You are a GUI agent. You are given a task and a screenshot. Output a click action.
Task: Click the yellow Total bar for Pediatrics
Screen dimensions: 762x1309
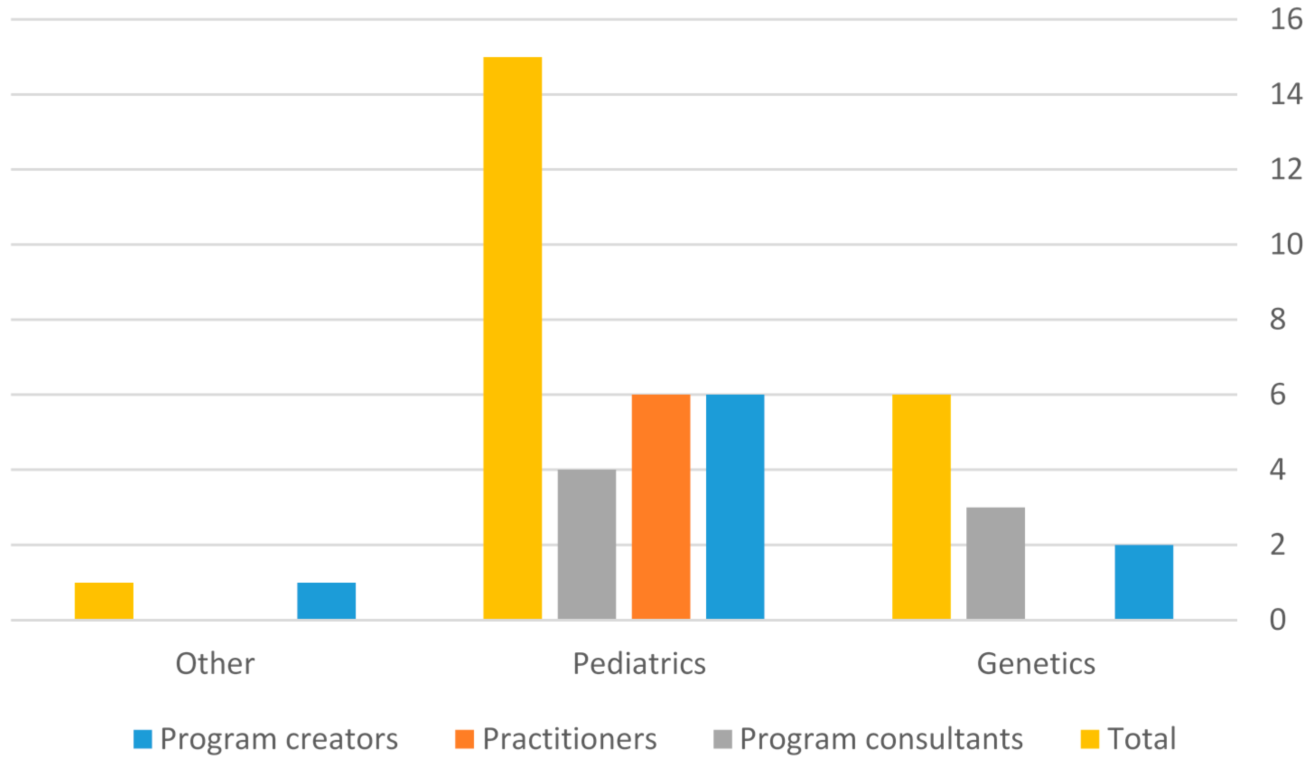tap(512, 338)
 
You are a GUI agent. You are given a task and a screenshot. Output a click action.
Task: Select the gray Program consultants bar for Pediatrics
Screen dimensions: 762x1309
tap(587, 544)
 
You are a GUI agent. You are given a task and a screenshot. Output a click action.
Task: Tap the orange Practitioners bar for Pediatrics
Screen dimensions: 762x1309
tap(661, 506)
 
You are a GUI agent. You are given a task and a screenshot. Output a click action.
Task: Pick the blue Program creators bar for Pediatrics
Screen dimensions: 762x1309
tap(735, 506)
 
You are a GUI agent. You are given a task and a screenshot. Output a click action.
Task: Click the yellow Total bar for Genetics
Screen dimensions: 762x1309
tap(921, 506)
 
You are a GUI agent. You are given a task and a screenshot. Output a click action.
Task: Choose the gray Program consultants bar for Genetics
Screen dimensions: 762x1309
tap(995, 562)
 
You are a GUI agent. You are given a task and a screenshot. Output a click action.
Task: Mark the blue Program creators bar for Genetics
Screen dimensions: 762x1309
tap(1144, 582)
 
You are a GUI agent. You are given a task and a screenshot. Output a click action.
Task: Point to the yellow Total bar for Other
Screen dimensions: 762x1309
tap(104, 600)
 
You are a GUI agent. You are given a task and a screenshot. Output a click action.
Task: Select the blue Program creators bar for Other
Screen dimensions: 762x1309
tap(326, 600)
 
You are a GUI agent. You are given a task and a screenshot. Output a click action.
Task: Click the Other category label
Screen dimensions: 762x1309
tap(215, 664)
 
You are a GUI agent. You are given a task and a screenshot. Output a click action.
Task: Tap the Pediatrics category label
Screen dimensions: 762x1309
tap(639, 664)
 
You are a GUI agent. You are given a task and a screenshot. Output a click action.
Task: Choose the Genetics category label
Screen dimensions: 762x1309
tap(1036, 664)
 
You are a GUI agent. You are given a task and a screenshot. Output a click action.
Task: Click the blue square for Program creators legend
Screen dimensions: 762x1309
tap(142, 739)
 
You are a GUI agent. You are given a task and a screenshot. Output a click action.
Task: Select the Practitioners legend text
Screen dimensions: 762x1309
tap(569, 739)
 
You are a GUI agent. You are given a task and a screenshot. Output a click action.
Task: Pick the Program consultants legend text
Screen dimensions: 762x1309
tap(881, 739)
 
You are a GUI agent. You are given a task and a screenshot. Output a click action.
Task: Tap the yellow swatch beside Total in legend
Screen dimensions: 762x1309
tap(1089, 739)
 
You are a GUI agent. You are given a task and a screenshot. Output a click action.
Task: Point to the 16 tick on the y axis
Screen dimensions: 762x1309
tap(1286, 20)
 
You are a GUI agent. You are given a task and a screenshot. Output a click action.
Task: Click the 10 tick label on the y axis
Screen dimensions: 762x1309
tap(1286, 244)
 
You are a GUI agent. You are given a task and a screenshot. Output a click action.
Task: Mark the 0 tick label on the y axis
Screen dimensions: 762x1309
tap(1277, 620)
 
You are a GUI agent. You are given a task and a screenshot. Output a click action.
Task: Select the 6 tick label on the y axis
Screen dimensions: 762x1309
tap(1277, 394)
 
